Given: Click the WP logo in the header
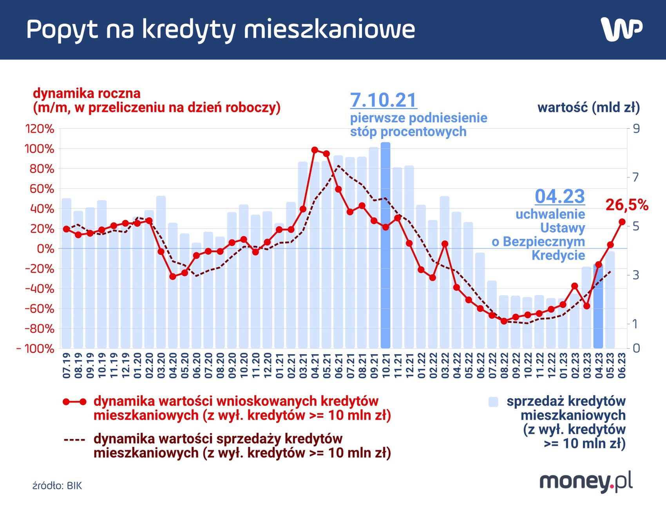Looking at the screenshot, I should point(621,29).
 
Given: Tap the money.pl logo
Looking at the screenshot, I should point(586,481).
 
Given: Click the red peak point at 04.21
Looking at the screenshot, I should point(315,150).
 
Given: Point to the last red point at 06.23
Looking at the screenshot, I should point(622,222).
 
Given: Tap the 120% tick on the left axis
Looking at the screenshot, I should point(40,129).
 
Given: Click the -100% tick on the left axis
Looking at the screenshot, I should point(36,348).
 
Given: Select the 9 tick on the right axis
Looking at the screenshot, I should point(635,129).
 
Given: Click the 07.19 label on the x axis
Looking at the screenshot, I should point(67,365).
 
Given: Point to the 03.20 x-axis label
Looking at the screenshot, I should point(161,365).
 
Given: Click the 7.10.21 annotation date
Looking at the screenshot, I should point(383,100).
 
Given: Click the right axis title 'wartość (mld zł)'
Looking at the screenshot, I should point(588,107).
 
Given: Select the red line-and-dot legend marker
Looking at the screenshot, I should point(74,402).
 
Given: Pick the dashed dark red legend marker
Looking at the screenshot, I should point(74,439).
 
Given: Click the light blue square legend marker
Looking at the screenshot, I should point(493,402).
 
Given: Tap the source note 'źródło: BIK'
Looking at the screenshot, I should point(57,486).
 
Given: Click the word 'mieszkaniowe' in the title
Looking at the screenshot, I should point(329,29).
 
